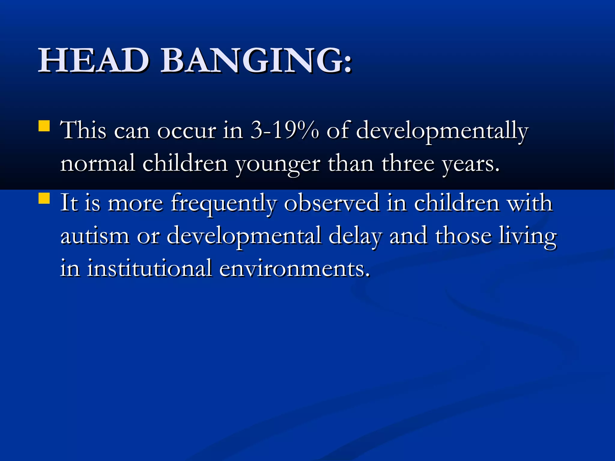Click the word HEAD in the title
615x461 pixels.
coord(93,61)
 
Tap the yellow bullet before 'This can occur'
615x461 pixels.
coord(44,126)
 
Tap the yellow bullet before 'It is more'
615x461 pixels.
coord(44,198)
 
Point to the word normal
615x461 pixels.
coord(98,164)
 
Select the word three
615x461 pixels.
coord(408,164)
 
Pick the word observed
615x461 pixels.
coord(332,203)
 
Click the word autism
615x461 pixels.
coord(95,236)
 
